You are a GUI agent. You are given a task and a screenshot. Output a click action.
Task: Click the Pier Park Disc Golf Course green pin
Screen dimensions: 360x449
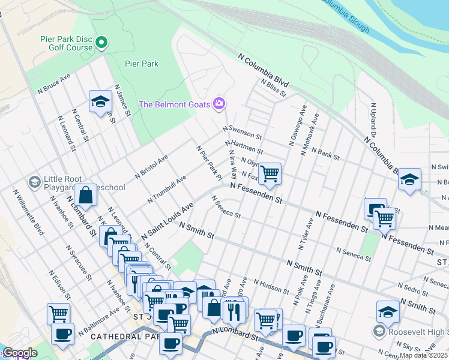101,43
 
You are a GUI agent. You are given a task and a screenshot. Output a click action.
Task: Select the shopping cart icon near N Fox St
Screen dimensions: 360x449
270,174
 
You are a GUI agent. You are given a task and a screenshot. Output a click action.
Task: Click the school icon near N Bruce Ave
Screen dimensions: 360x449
100,101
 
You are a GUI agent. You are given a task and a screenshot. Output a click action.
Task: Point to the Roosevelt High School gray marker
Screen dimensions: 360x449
379,331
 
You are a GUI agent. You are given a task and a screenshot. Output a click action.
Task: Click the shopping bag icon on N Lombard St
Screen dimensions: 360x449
86,196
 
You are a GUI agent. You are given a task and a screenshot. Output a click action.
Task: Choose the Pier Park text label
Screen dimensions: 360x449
142,64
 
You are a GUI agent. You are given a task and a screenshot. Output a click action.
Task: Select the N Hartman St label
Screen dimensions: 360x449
244,147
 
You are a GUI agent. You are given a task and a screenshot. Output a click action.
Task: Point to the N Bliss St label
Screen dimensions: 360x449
274,88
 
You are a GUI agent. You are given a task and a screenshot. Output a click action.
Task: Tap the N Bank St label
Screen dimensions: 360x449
320,154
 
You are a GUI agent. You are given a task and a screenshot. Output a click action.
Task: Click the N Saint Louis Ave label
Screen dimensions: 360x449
167,222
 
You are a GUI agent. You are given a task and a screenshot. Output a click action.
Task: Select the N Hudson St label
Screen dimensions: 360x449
272,286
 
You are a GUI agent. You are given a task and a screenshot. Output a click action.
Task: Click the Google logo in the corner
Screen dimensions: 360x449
19,353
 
